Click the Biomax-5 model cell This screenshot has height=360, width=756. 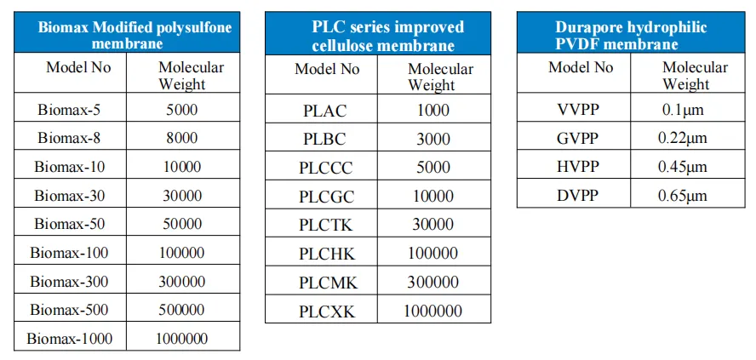[x=69, y=110]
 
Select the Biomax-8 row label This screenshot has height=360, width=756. [x=69, y=139]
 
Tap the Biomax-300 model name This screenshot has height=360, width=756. [x=69, y=281]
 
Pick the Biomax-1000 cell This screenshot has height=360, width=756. [x=69, y=338]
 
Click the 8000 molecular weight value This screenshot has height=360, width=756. [x=182, y=139]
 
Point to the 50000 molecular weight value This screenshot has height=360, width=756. [x=182, y=224]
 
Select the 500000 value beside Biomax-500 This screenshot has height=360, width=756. [x=182, y=310]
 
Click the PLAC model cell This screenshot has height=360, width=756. [x=325, y=111]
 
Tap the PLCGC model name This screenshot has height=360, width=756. [x=326, y=197]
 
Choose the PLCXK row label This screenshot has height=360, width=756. [x=326, y=311]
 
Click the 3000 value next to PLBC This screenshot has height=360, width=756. [x=433, y=140]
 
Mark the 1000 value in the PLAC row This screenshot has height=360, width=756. [x=433, y=111]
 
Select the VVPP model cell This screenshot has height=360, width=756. [x=577, y=110]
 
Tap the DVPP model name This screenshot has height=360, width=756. [x=577, y=196]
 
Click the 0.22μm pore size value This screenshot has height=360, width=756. [x=682, y=139]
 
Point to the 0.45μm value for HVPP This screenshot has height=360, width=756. [x=682, y=167]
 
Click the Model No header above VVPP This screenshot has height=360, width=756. [x=581, y=67]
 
